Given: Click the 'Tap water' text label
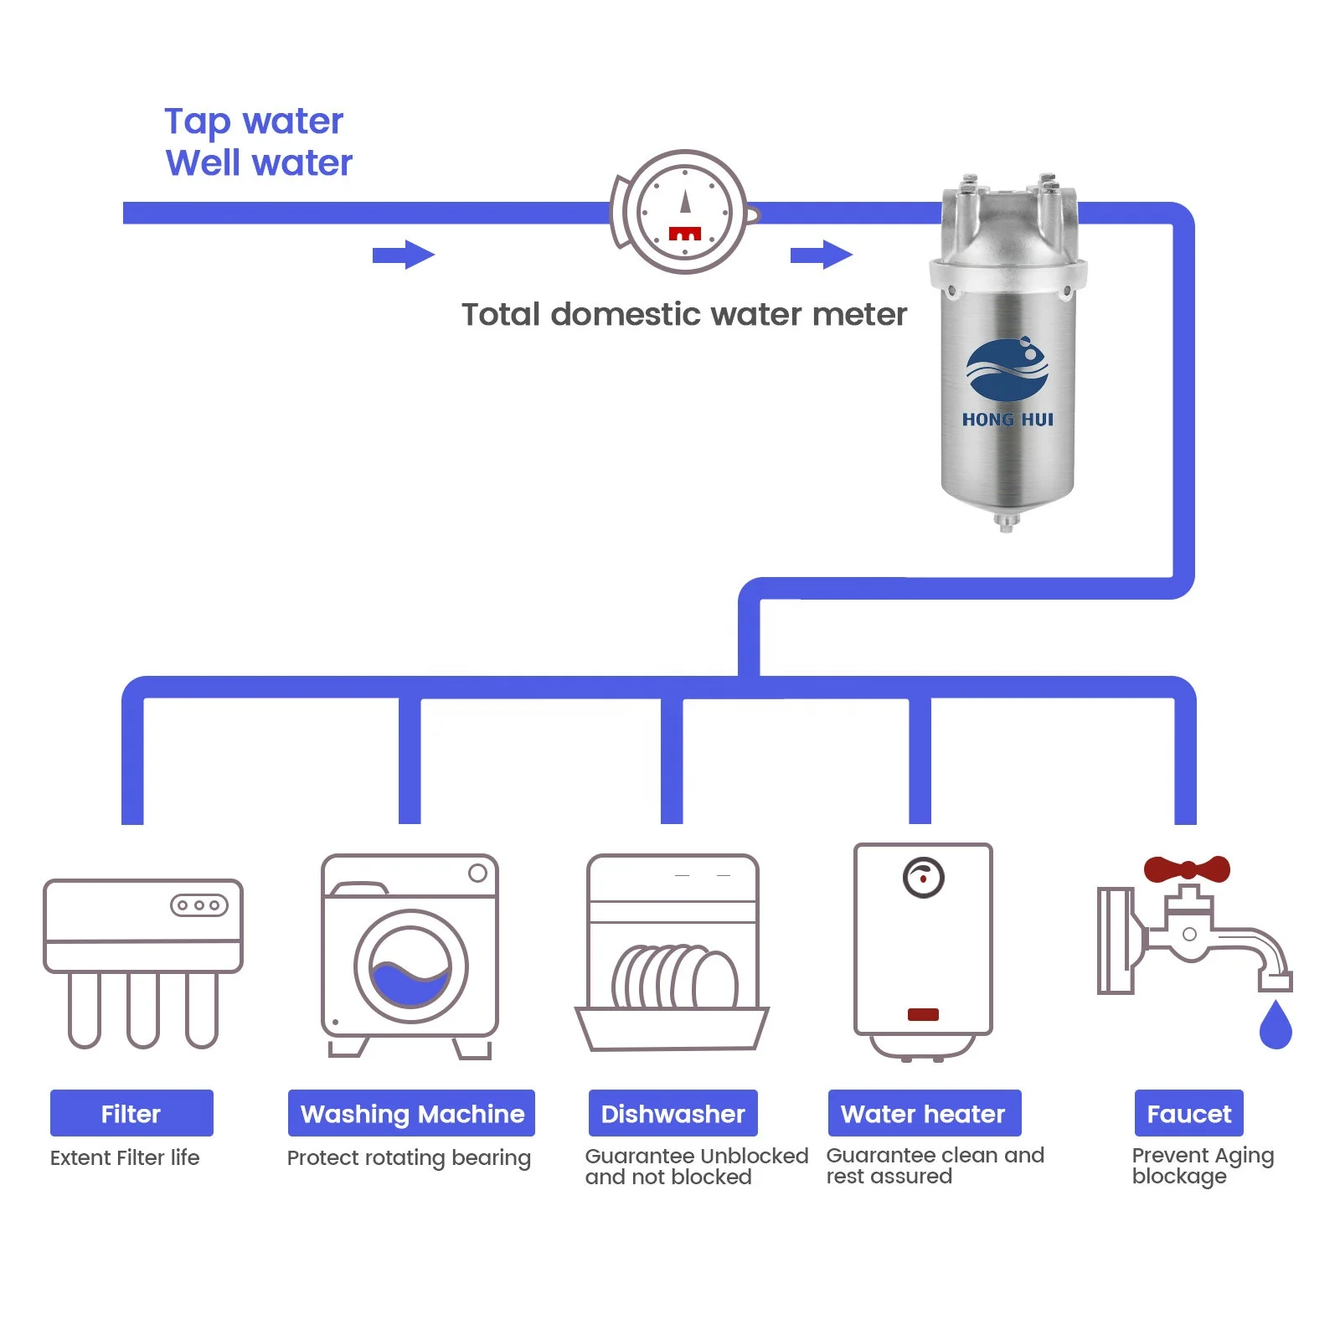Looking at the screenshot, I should (254, 121).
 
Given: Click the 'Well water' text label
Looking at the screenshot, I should (259, 162).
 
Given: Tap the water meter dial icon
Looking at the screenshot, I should (684, 212).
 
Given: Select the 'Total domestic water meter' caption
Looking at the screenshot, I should (683, 315).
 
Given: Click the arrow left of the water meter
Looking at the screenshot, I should (403, 255).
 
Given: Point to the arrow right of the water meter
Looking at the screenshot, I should (821, 255).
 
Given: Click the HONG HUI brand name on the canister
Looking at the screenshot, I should (1008, 420).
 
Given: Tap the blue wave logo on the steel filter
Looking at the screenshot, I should (1007, 369).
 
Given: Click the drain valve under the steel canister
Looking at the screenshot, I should (1006, 523).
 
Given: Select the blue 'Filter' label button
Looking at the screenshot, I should (131, 1113).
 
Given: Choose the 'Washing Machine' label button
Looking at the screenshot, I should (411, 1113).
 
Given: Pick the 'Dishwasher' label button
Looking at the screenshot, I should (673, 1113).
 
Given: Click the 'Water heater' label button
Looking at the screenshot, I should (924, 1113).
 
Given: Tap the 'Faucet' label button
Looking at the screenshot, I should (1188, 1113).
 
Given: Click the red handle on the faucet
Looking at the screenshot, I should (1187, 868).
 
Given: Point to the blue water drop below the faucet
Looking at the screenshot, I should (1275, 1026).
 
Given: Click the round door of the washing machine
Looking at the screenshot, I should (410, 966).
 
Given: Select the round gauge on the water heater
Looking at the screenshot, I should (923, 878).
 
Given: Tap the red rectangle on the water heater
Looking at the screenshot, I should (923, 1014).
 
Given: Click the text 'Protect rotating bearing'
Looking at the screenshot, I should (409, 1157).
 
